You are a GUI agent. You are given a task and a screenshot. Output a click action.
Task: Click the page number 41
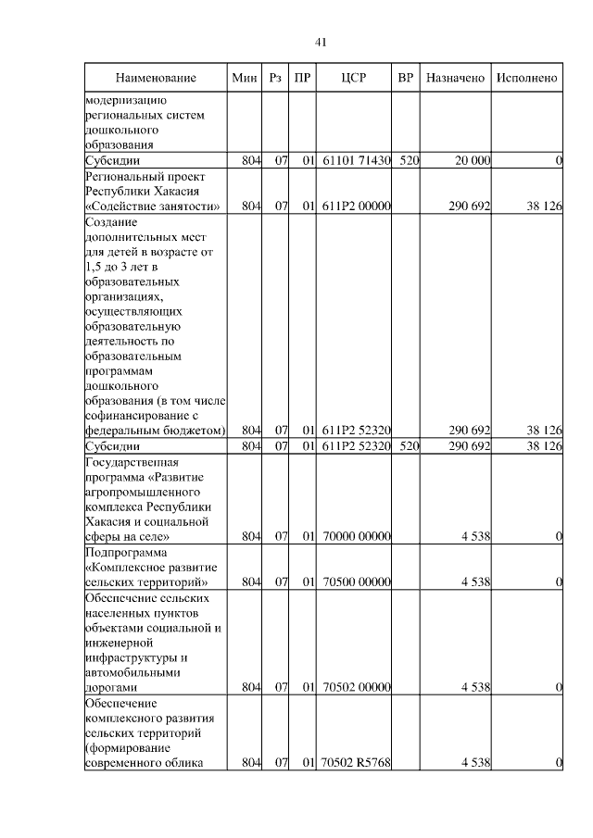[x=322, y=43]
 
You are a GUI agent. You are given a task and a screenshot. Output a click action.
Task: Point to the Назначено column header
[x=456, y=78]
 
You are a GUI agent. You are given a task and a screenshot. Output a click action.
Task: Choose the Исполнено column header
[x=526, y=78]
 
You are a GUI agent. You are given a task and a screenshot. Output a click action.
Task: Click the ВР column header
[x=405, y=78]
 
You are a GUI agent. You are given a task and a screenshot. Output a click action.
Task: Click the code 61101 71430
[x=356, y=161]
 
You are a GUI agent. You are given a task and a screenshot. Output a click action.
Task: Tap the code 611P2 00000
[x=356, y=206]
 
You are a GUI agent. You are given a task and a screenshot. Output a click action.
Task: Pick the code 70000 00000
[x=356, y=536]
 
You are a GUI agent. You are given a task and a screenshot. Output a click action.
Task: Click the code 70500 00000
[x=356, y=582]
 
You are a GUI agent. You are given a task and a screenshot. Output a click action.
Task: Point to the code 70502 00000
[x=356, y=687]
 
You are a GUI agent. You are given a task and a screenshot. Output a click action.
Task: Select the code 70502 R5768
[x=356, y=762]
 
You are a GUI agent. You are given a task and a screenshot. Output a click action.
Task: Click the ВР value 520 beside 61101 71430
[x=410, y=161]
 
